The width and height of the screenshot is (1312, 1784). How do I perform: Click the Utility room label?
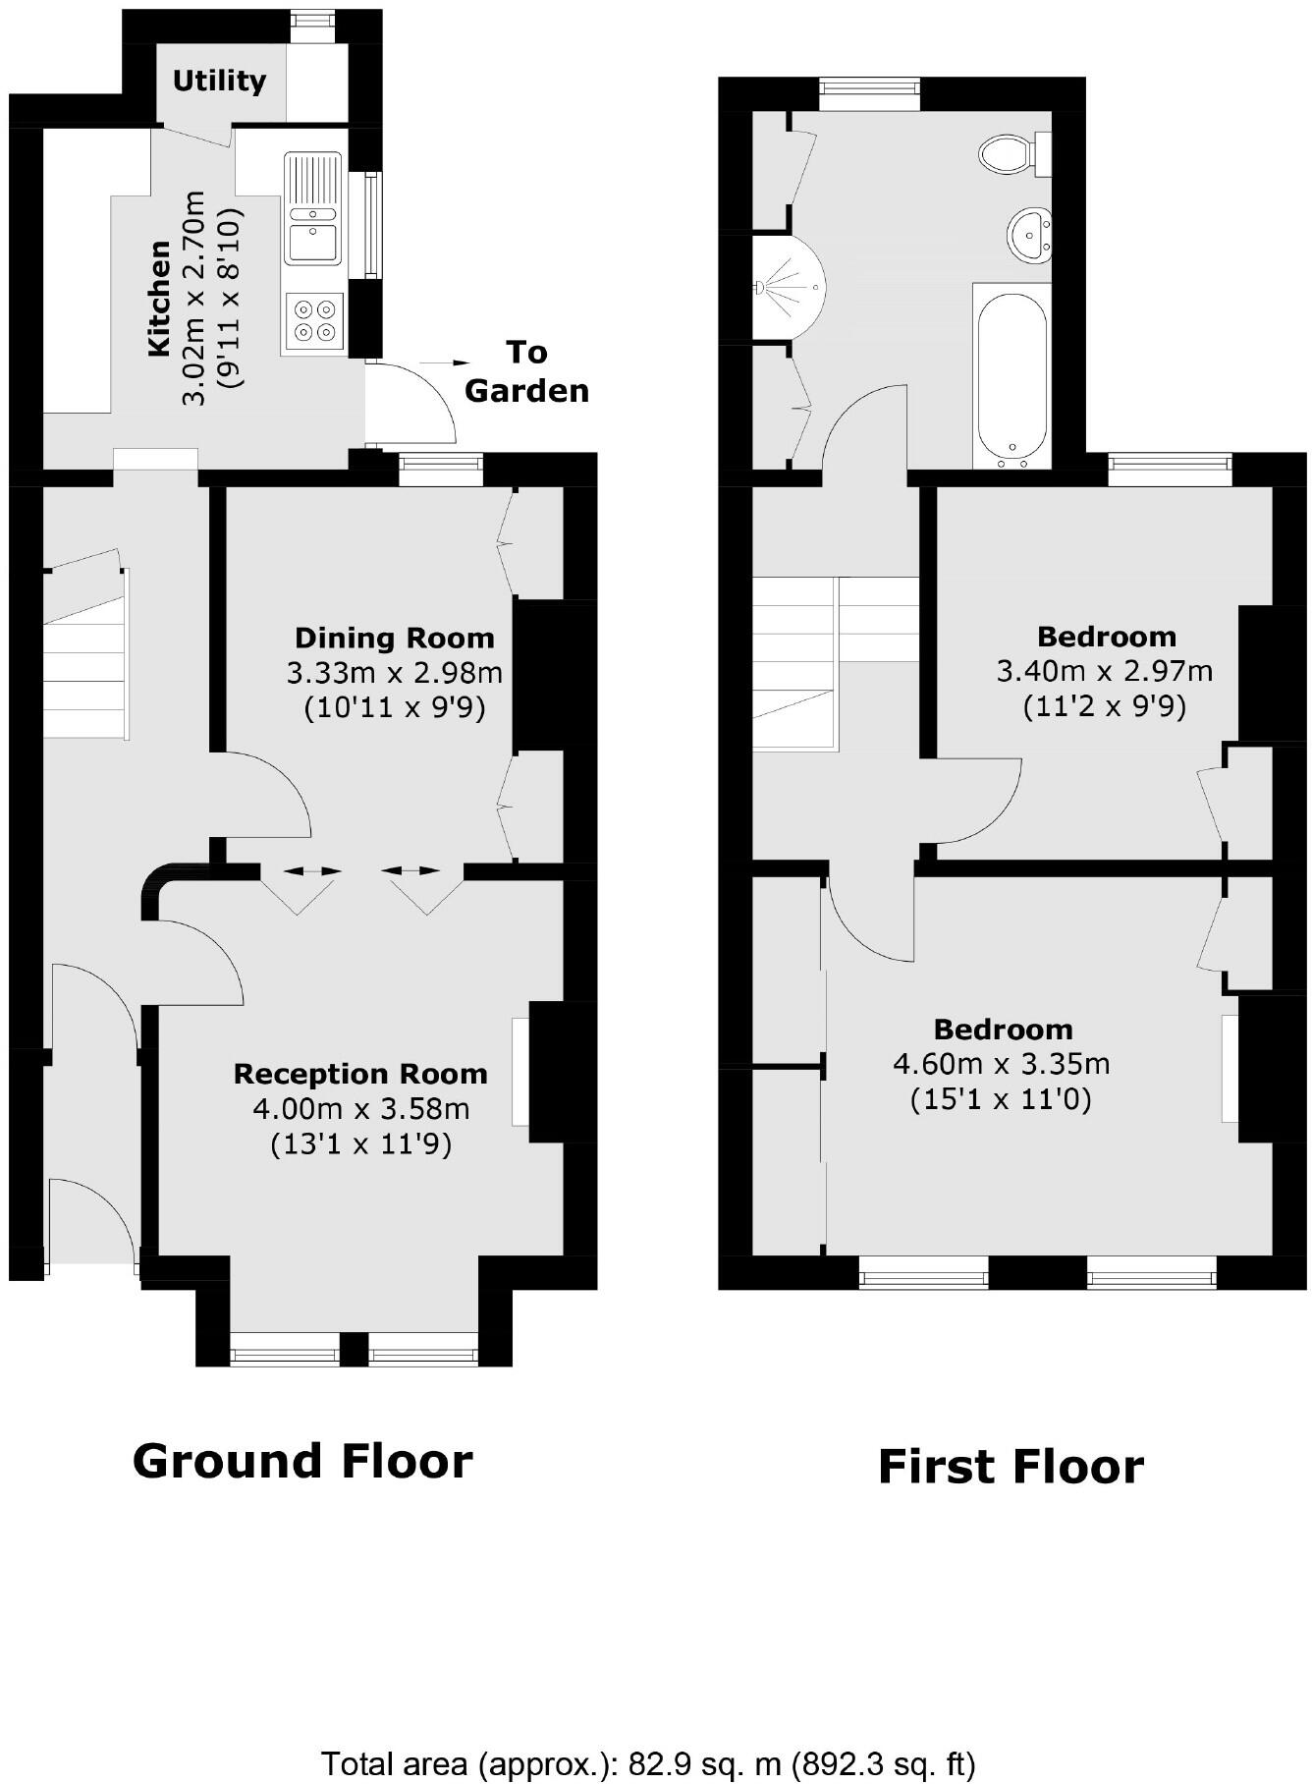point(219,81)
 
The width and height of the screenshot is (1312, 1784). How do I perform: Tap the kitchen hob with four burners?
point(314,321)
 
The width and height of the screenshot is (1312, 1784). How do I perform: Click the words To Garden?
point(526,371)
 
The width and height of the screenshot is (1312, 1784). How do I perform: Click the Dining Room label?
point(394,638)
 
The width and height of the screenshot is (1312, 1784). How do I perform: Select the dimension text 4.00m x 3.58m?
point(361,1109)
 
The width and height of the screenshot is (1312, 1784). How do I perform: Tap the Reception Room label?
point(360,1074)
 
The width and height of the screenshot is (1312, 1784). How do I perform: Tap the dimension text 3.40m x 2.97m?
point(1105,672)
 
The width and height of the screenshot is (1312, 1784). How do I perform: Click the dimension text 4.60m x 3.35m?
point(1002,1064)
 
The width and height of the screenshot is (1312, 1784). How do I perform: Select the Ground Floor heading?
point(302,1461)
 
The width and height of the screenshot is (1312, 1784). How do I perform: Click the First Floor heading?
point(1011,1467)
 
